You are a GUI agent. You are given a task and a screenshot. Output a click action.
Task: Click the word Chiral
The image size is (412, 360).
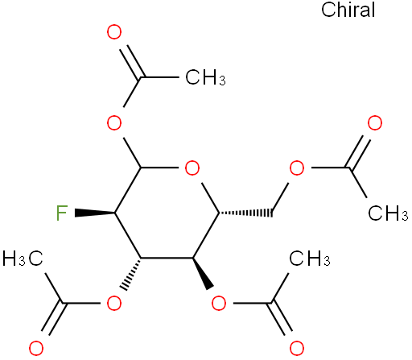[x=348, y=10]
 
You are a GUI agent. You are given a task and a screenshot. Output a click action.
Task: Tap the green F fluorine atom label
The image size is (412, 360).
[x=62, y=213]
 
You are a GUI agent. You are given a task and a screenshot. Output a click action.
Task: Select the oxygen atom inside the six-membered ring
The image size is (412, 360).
[x=192, y=168]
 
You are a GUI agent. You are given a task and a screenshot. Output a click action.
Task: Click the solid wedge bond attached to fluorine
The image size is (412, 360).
[x=95, y=213]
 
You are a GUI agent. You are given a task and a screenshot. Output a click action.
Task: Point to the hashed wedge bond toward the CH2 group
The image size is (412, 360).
[x=245, y=213]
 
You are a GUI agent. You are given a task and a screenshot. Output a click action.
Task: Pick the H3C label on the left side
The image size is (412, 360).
[x=23, y=259]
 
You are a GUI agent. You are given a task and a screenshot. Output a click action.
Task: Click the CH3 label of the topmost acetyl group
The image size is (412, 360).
[x=205, y=77]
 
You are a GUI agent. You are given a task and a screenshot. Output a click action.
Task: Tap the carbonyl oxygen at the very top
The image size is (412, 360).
[x=114, y=32]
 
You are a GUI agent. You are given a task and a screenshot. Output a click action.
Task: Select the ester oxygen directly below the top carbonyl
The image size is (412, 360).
[x=114, y=123]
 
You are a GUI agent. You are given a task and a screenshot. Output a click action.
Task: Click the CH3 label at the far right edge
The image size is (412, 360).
[x=388, y=213]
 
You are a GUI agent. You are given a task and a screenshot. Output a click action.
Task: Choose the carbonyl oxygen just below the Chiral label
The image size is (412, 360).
[x=375, y=123]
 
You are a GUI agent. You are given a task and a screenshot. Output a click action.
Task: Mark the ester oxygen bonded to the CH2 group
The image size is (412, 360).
[x=297, y=168]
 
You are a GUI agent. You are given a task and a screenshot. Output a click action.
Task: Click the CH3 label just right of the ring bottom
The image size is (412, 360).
[x=310, y=259]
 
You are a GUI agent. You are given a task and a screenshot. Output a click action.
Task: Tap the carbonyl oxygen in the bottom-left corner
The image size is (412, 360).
[x=36, y=349]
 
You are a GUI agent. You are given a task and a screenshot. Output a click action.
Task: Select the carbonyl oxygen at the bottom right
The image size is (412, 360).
[x=297, y=349]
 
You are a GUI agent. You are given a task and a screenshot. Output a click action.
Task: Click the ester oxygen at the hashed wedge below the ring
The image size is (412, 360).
[x=114, y=304]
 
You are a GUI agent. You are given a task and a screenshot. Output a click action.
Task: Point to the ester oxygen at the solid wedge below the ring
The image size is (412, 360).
[x=219, y=304]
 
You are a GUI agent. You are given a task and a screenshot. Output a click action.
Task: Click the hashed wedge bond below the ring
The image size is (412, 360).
[x=131, y=274]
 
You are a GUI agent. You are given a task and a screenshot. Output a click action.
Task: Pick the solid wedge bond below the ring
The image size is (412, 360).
[x=203, y=274]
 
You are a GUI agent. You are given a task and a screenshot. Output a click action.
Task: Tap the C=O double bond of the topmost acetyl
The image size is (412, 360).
[x=131, y=62]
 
